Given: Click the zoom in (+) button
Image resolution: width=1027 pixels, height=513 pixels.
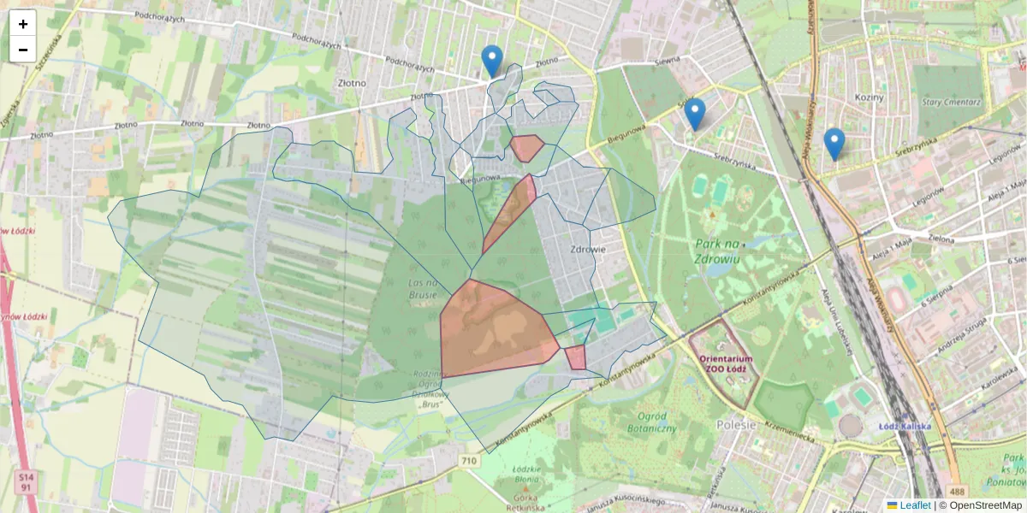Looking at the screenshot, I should coord(23,24).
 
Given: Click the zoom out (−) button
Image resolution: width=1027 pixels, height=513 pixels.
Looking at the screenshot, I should coord(23,50).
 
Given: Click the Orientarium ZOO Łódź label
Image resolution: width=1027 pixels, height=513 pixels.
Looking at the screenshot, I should coord(723,363).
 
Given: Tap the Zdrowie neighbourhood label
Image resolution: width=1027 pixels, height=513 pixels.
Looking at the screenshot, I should coord(588,250).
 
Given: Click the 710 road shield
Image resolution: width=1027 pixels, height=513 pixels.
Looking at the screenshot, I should coord(468,461).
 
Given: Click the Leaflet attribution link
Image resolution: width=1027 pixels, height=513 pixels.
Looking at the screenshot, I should coord(914,505).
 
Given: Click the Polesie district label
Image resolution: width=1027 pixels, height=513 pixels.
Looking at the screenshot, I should coord(738,425).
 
